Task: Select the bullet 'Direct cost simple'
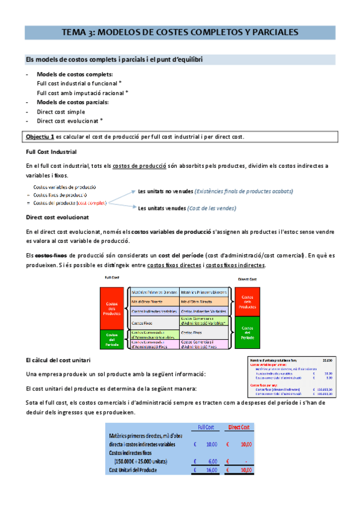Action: click(61, 112)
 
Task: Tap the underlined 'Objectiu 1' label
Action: click(40, 137)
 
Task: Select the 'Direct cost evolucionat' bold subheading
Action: click(58, 217)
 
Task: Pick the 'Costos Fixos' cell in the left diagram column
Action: click(142, 323)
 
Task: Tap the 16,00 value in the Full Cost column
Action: click(211, 470)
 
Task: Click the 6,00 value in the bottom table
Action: click(212, 461)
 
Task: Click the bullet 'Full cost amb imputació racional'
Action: click(81, 93)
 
